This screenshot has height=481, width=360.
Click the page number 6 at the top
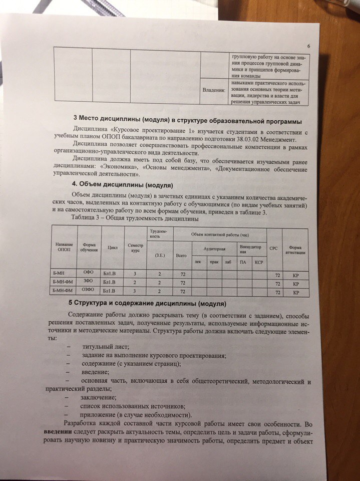(x=308, y=47)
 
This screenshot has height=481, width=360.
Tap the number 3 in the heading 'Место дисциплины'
(x=75, y=119)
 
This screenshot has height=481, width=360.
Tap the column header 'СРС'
(x=274, y=248)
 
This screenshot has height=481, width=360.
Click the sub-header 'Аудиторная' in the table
(x=214, y=249)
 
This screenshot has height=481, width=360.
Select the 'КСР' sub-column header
(x=259, y=262)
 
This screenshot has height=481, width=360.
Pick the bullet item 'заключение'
(x=95, y=397)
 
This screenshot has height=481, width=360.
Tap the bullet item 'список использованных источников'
(x=132, y=406)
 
